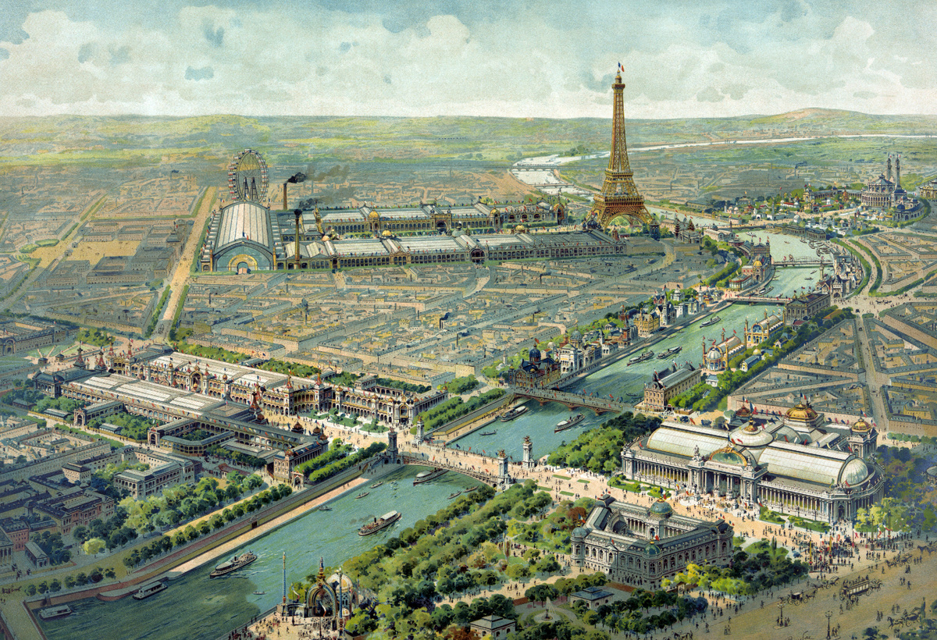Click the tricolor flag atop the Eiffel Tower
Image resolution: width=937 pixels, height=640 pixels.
pyautogui.click(x=621, y=66)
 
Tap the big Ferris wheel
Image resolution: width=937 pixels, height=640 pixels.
pyautogui.click(x=248, y=176)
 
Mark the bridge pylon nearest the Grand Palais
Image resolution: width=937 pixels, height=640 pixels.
pyautogui.click(x=528, y=453)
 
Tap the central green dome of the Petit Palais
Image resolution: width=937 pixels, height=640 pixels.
pyautogui.click(x=660, y=510)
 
